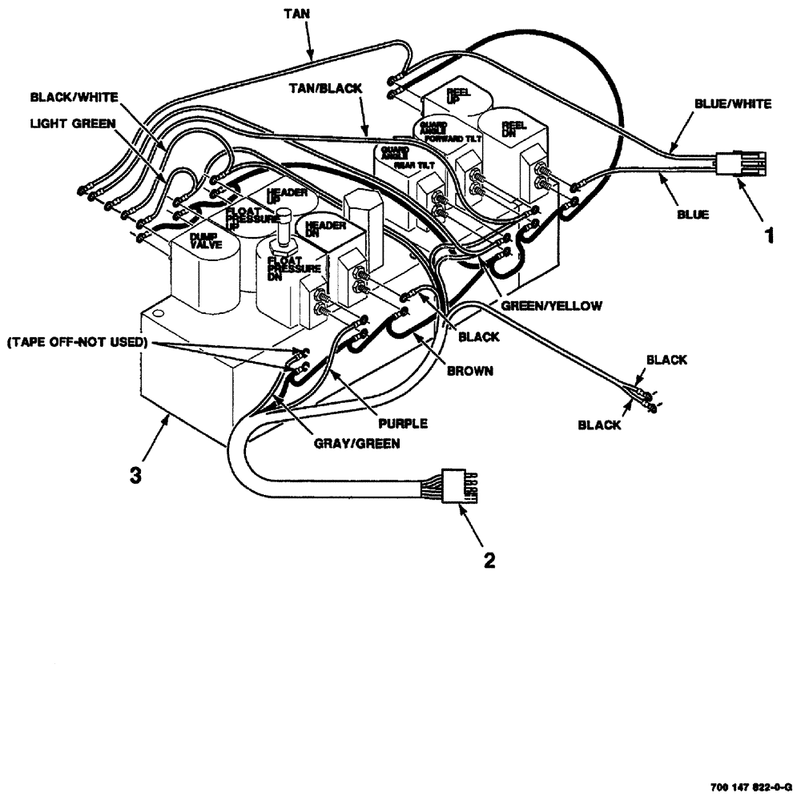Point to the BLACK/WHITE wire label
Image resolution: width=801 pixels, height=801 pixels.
pos(74,96)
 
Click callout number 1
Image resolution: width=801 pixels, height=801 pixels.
pos(769,237)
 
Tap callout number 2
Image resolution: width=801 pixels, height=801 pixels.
pos(489,559)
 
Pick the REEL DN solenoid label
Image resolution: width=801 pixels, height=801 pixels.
pos(513,128)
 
